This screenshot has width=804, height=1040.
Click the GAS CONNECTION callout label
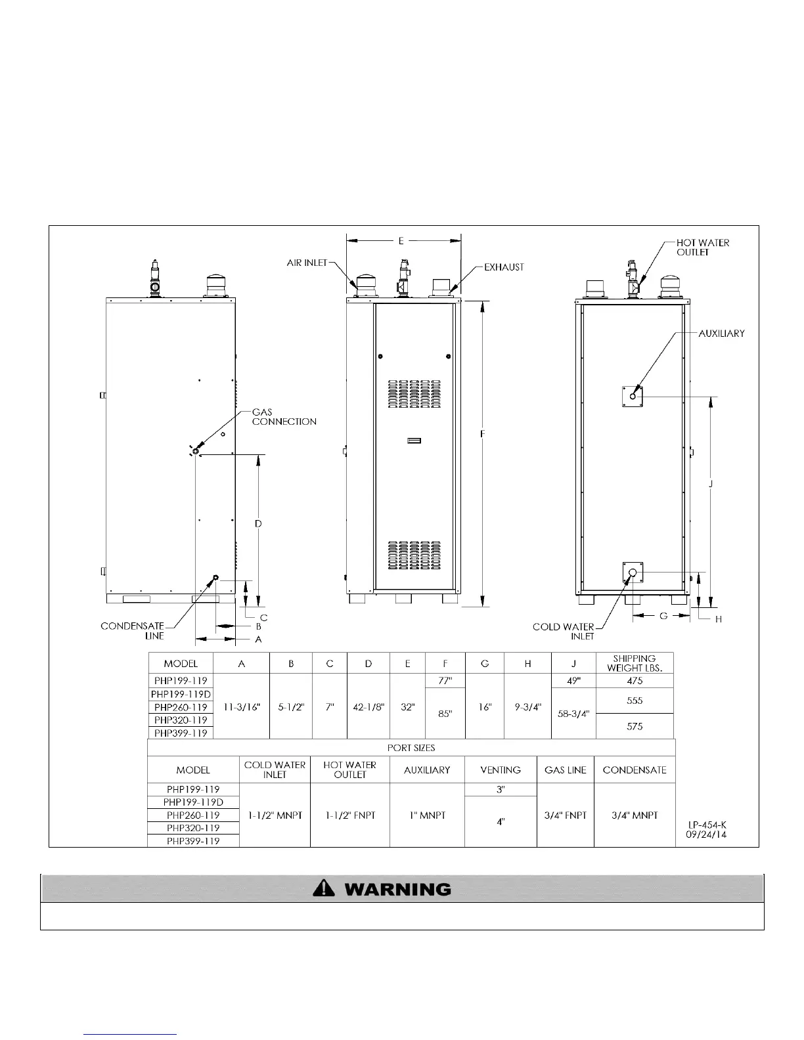tap(284, 417)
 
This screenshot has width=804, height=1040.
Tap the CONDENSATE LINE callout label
tap(132, 631)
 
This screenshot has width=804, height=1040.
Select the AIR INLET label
tap(307, 263)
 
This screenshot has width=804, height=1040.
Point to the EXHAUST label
tap(504, 267)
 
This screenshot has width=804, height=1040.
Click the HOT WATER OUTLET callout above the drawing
tap(702, 247)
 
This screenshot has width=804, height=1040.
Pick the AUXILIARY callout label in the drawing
tap(721, 334)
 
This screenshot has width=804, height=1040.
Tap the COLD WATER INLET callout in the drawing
tap(564, 632)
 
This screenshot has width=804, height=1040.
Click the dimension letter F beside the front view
tap(483, 434)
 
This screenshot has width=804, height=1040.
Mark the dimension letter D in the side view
tap(258, 523)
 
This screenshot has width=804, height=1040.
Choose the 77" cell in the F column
tap(445, 681)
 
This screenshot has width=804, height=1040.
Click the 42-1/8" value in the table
tap(368, 707)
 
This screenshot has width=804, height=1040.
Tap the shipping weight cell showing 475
tap(635, 681)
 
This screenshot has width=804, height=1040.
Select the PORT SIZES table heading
tap(411, 748)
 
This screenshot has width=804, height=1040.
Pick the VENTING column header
tap(501, 770)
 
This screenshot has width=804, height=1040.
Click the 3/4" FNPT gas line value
tap(565, 815)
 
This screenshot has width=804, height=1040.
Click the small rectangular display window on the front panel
tap(414, 441)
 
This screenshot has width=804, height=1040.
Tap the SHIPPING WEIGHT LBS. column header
tap(635, 663)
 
